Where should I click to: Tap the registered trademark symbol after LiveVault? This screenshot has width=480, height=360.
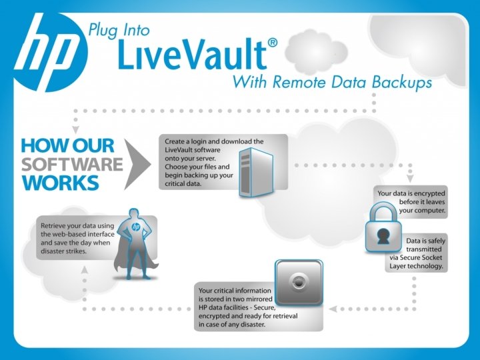272,43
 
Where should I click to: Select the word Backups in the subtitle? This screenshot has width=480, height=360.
400,83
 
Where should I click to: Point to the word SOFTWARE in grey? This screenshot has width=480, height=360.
72,164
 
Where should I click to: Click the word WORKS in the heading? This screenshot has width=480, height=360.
61,182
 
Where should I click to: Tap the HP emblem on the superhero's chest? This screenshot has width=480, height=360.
136,227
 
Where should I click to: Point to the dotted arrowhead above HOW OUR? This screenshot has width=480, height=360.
75,127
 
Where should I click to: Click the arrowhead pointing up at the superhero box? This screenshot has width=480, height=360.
84,269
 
